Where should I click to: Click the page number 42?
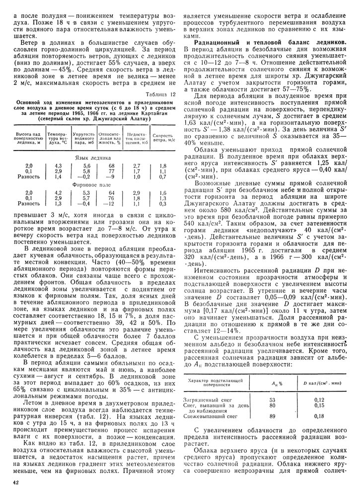pos(16,482)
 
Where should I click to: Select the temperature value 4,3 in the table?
pos(58,166)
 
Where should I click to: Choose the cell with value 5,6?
pos(86,166)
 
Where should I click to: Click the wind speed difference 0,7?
pos(162,177)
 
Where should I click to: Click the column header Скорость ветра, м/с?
pos(162,137)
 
